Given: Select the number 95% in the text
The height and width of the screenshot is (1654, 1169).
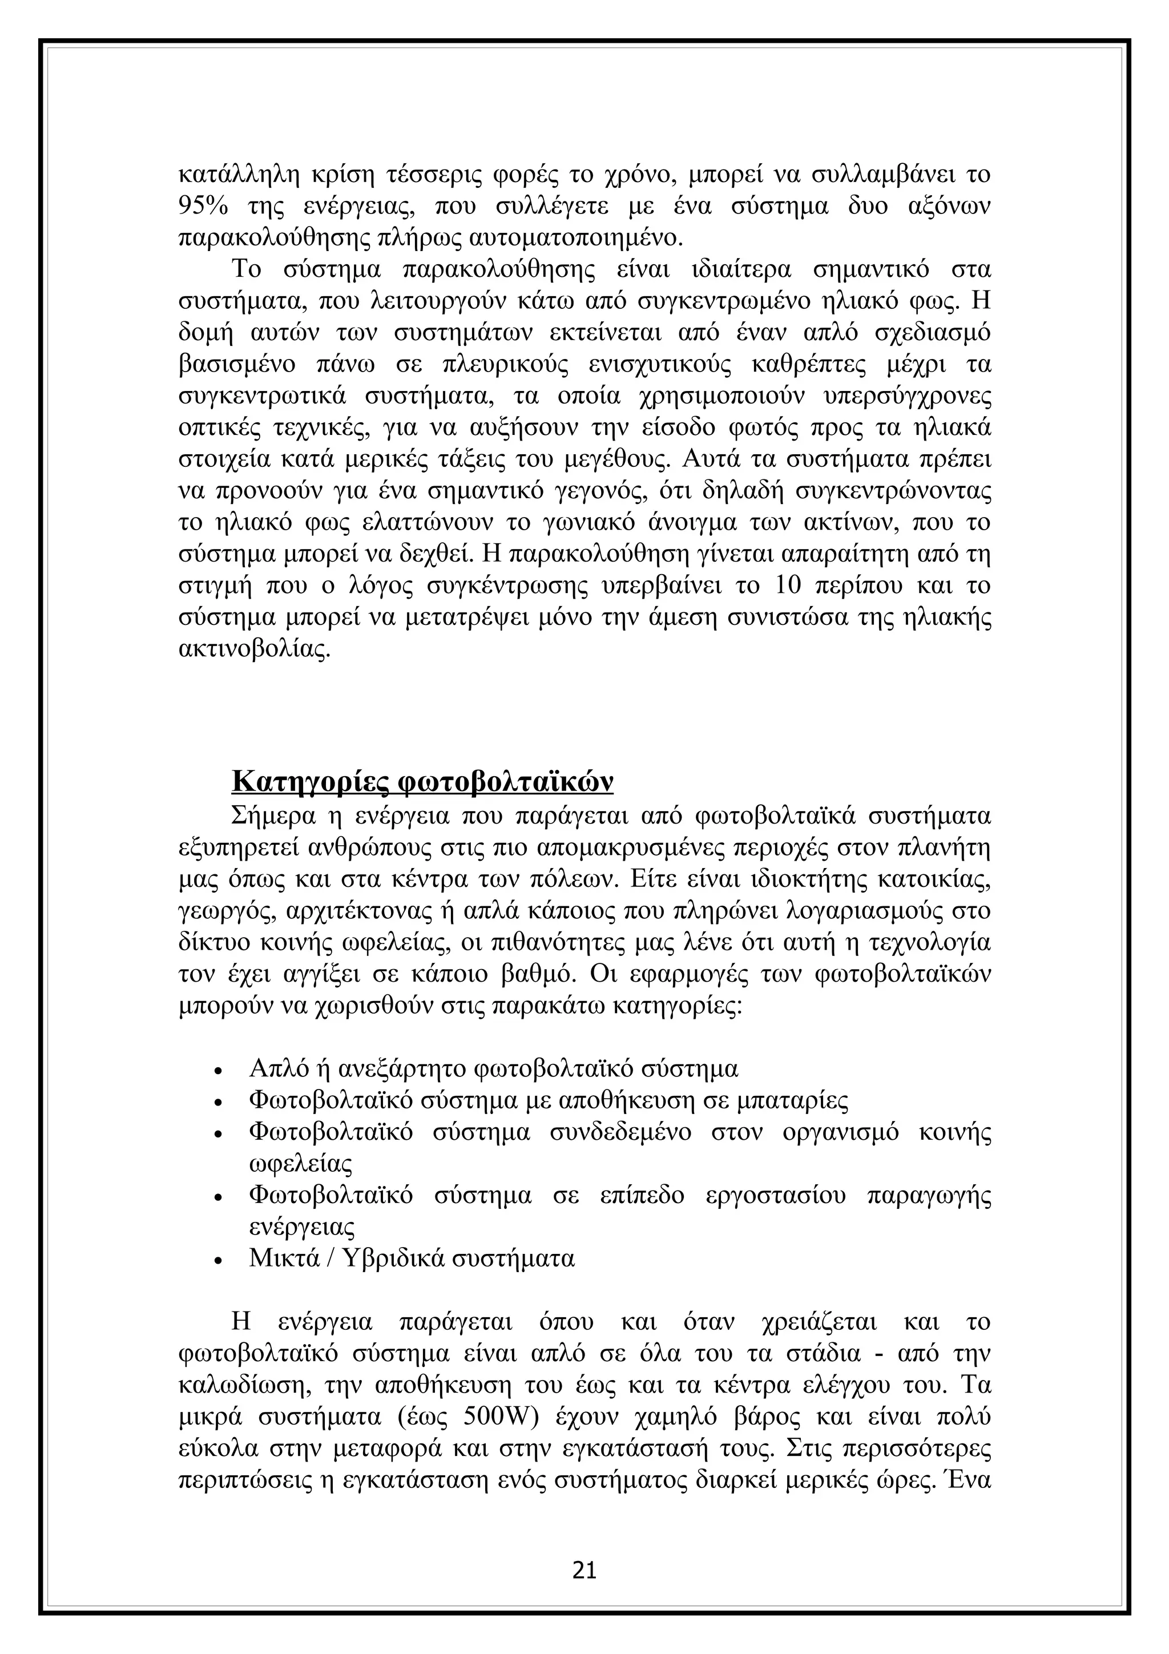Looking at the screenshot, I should (203, 206).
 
